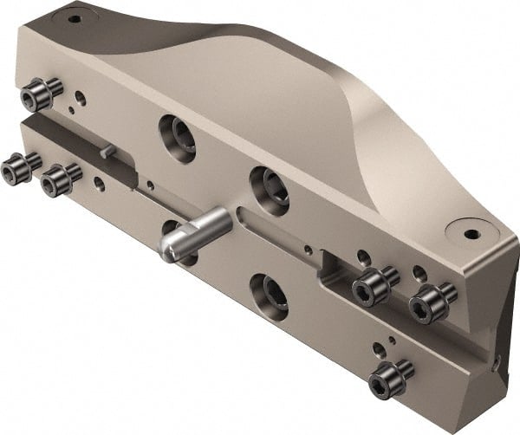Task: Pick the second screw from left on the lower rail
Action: (59, 179)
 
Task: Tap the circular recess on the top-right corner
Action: (471, 234)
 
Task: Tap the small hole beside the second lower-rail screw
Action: (100, 184)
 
